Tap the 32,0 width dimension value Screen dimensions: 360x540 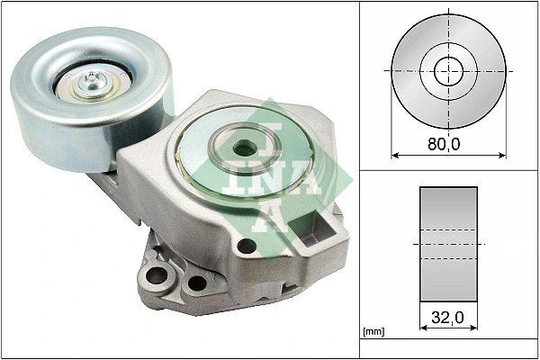click(448, 316)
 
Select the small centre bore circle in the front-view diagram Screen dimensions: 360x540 click(448, 70)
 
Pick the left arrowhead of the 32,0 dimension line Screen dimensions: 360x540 click(423, 328)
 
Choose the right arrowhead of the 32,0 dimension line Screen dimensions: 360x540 click(473, 328)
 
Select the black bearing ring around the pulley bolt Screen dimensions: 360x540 click(72, 91)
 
